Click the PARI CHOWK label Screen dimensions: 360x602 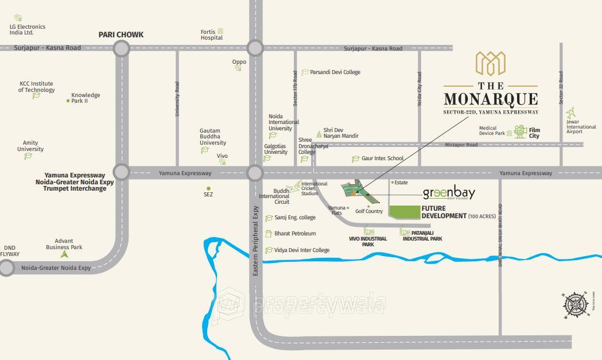click(x=121, y=34)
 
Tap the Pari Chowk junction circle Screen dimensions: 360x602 click(x=121, y=48)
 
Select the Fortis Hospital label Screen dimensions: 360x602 click(x=211, y=35)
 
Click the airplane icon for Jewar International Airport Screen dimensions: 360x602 click(x=570, y=113)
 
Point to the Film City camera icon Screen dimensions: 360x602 click(x=521, y=131)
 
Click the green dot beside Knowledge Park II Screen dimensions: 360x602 click(x=68, y=101)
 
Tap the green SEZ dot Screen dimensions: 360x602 click(x=208, y=188)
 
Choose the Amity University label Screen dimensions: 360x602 click(x=30, y=146)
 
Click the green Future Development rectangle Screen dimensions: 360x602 click(x=404, y=212)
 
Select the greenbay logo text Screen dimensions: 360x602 click(x=449, y=193)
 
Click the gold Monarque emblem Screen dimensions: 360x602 click(x=490, y=64)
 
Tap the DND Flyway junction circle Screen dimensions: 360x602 click(x=6, y=268)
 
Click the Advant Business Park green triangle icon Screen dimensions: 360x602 click(x=64, y=254)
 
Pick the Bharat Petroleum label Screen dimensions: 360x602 click(x=295, y=234)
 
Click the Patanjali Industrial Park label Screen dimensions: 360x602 click(x=422, y=235)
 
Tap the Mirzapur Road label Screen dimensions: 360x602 click(x=461, y=145)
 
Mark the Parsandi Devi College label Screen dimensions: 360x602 click(x=335, y=72)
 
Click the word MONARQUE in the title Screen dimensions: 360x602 click(x=491, y=99)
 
